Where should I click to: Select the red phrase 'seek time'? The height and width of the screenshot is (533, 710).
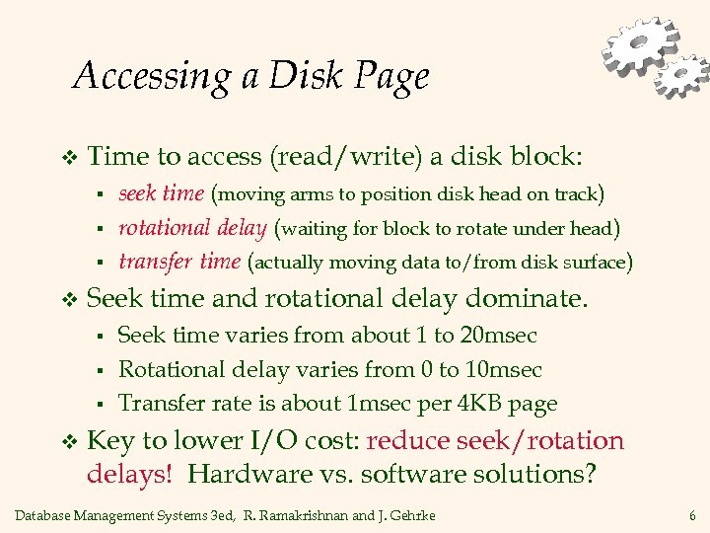tap(161, 193)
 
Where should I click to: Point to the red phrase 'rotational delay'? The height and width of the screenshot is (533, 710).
tap(192, 228)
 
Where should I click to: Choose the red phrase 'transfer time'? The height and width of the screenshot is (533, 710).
tap(179, 262)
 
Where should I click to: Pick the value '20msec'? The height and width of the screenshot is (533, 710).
tap(499, 335)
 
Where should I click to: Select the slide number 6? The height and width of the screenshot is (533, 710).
tap(693, 515)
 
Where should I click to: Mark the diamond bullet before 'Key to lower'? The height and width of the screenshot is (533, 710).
tap(68, 441)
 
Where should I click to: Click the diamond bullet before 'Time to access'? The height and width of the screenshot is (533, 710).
tap(68, 158)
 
